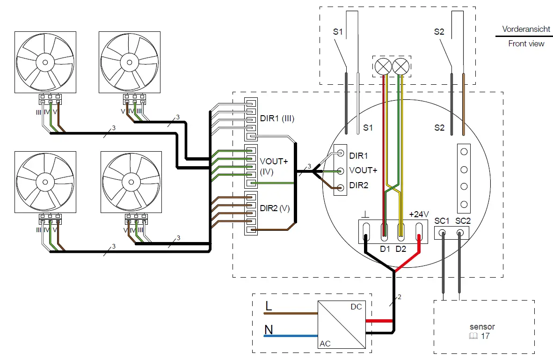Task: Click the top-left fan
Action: [x=45, y=61]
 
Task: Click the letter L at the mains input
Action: [x=269, y=306]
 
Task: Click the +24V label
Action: [x=419, y=214]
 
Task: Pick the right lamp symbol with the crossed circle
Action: [x=400, y=66]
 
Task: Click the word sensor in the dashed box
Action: [x=482, y=327]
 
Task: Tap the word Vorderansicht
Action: [x=526, y=29]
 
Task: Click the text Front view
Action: [x=526, y=44]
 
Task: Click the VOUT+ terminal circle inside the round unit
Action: [x=341, y=170]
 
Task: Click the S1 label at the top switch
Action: [x=338, y=32]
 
